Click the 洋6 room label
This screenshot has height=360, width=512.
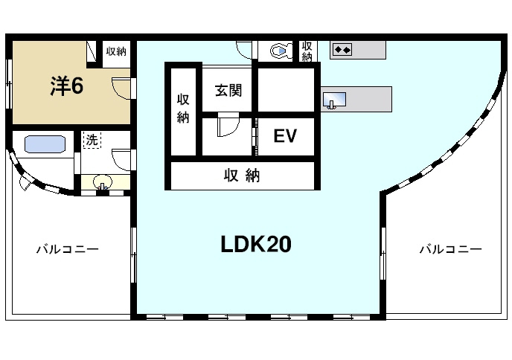click(66, 86)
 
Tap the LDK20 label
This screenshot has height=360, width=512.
click(255, 244)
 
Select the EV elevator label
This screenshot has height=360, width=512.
click(285, 136)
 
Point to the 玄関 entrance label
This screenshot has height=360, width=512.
click(228, 91)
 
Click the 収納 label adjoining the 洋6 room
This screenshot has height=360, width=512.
click(115, 51)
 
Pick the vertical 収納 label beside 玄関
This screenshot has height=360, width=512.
click(183, 108)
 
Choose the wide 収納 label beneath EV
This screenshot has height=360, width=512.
click(242, 176)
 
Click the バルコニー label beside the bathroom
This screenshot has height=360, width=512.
click(68, 249)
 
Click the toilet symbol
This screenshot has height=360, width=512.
click(281, 51)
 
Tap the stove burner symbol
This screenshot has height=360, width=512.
click(342, 50)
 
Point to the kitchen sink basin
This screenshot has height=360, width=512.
click(333, 99)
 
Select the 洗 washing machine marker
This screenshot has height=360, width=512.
click(91, 139)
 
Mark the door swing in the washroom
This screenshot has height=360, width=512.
click(121, 160)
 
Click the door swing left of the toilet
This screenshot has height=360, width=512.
click(245, 48)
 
